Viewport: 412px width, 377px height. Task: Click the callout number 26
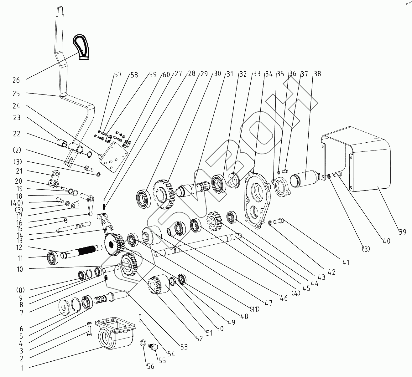pos(16,80)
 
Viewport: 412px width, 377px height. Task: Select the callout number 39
pos(402,232)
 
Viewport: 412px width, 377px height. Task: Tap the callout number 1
pos(22,368)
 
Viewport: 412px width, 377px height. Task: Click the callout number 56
pos(150,366)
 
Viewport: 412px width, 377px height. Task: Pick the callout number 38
pos(317,74)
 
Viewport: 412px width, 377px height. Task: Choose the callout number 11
pos(20,258)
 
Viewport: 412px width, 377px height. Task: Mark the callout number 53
pos(184,347)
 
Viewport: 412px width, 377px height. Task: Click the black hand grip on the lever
pos(81,47)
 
